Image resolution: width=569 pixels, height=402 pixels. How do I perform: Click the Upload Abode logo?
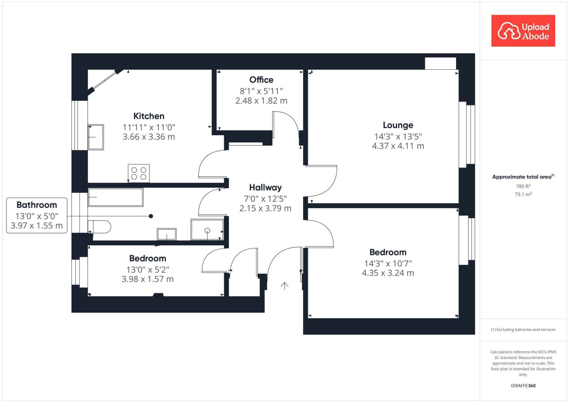(523, 31)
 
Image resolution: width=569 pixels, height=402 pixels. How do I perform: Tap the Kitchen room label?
(149, 116)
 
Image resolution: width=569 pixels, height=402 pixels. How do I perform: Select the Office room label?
(261, 80)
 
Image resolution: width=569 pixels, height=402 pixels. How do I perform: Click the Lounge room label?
(398, 125)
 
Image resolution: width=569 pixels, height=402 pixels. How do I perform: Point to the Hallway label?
(265, 188)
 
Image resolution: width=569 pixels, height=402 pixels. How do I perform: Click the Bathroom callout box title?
(37, 205)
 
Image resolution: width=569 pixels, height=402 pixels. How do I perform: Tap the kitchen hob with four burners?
(139, 173)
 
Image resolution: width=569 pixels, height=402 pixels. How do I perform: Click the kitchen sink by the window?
(96, 137)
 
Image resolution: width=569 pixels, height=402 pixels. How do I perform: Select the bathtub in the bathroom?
(116, 197)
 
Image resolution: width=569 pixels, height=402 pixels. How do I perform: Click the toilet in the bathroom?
(99, 227)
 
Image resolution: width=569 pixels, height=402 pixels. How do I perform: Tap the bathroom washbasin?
(167, 234)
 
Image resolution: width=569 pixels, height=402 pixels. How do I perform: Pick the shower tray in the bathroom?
(207, 230)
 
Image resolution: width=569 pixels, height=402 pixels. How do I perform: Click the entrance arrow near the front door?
(284, 286)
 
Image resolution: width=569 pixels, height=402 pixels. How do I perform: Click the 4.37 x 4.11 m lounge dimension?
(398, 146)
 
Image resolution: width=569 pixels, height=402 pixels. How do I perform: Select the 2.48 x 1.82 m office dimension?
(261, 101)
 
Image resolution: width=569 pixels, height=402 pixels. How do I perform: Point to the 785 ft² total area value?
(523, 186)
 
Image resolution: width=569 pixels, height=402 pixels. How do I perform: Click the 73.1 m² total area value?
(523, 194)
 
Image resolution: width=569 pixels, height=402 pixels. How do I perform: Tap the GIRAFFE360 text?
(523, 386)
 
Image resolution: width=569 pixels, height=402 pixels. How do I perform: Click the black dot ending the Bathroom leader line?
(151, 216)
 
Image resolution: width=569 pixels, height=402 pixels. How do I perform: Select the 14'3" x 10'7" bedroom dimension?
(388, 263)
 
